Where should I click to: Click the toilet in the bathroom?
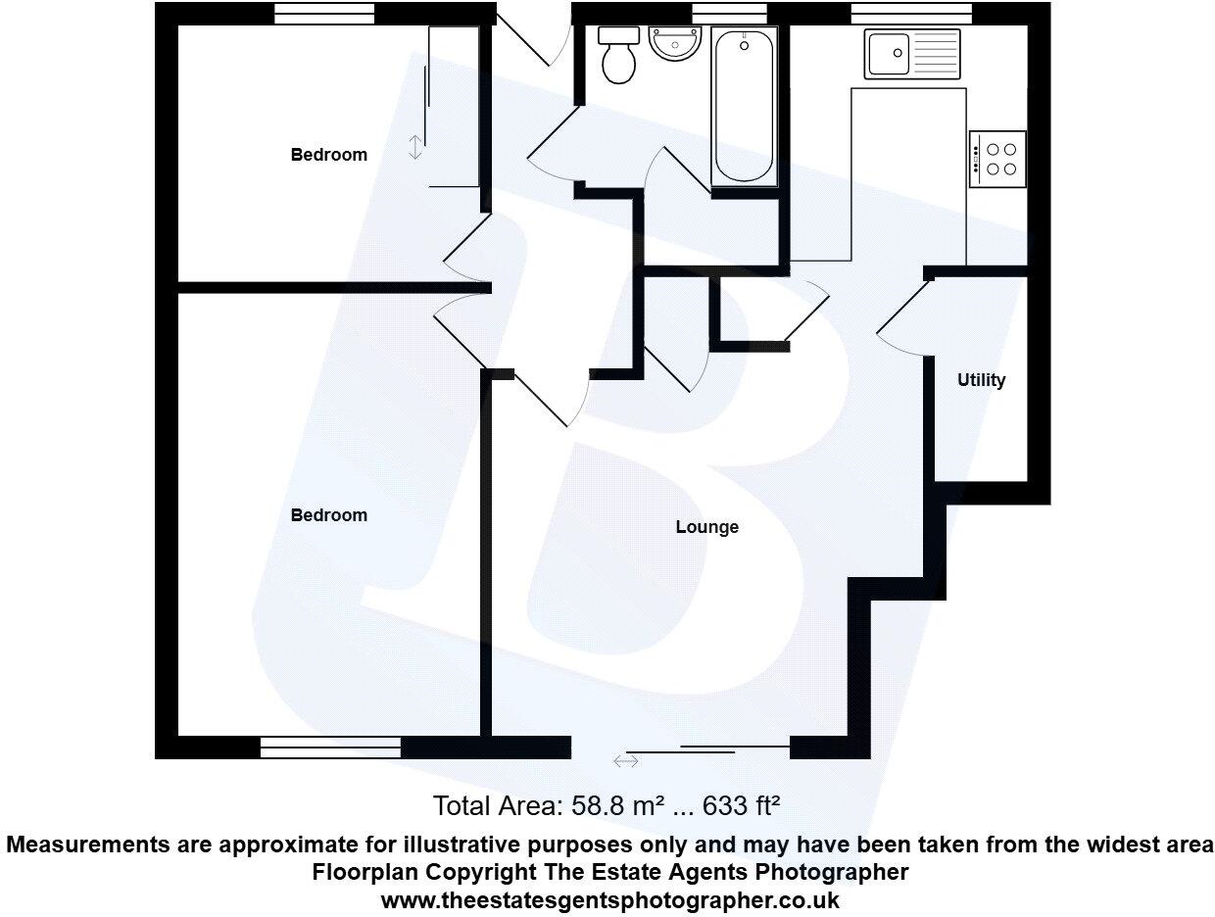click(x=618, y=57)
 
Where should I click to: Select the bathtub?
click(x=744, y=106)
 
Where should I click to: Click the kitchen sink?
click(x=911, y=53)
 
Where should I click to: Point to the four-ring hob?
click(x=998, y=159)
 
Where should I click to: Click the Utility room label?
click(x=981, y=380)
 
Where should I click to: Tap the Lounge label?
click(x=706, y=527)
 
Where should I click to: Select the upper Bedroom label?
click(x=328, y=155)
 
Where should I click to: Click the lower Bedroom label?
click(x=328, y=515)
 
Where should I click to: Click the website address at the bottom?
click(x=609, y=899)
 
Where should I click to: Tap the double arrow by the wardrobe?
click(x=415, y=148)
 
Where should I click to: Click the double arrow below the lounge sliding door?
click(x=625, y=760)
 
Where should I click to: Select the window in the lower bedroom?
click(x=330, y=748)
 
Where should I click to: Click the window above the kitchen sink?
click(x=911, y=13)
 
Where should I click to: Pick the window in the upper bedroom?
click(x=323, y=13)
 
